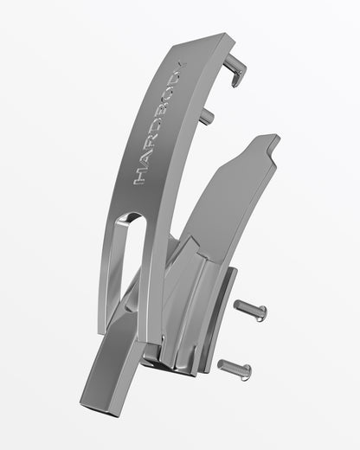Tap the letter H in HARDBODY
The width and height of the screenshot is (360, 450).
(x=141, y=179)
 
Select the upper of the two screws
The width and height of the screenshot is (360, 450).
(x=250, y=309)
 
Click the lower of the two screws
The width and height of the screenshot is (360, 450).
(x=235, y=369)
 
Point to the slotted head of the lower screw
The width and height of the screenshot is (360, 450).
(x=247, y=372)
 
